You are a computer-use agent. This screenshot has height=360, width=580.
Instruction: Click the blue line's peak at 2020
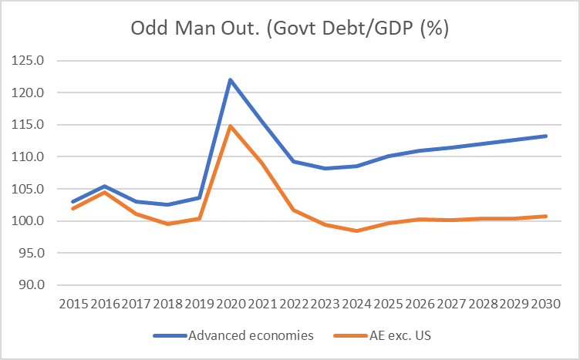[231, 79]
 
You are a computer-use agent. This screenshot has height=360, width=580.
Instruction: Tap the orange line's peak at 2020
[231, 126]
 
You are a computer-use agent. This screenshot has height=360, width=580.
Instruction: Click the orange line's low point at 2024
[357, 230]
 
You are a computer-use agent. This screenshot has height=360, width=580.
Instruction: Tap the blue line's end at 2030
[546, 136]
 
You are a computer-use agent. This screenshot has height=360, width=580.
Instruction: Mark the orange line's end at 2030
[546, 216]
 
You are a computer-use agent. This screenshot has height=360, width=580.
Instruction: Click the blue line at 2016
[104, 186]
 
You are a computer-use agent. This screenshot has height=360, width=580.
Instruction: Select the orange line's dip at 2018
[167, 224]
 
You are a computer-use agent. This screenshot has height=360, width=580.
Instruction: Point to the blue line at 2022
[294, 161]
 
